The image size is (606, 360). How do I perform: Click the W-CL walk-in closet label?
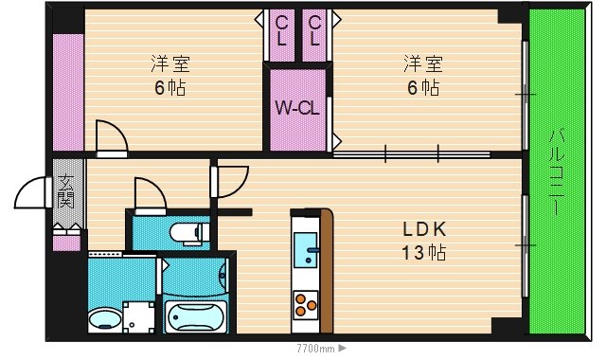(x=296, y=108)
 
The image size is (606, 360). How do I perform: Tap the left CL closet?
(x=282, y=35)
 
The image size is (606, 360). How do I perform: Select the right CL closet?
(x=314, y=35)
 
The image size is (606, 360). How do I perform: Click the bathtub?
(x=195, y=317)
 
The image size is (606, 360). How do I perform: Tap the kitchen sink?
(x=306, y=250)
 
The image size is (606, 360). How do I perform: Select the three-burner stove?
(x=305, y=305)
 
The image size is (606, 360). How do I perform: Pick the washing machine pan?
(x=139, y=317)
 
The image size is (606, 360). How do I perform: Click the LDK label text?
(x=424, y=229)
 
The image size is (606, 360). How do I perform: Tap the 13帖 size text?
(x=424, y=253)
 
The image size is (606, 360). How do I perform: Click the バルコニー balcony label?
(x=557, y=172)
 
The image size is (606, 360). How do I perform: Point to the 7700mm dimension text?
(x=315, y=349)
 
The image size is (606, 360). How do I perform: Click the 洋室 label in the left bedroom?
(x=170, y=64)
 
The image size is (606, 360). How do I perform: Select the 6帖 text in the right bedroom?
(x=423, y=88)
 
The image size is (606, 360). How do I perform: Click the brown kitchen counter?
(x=327, y=271)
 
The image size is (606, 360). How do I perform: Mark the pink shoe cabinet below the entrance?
(x=66, y=243)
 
